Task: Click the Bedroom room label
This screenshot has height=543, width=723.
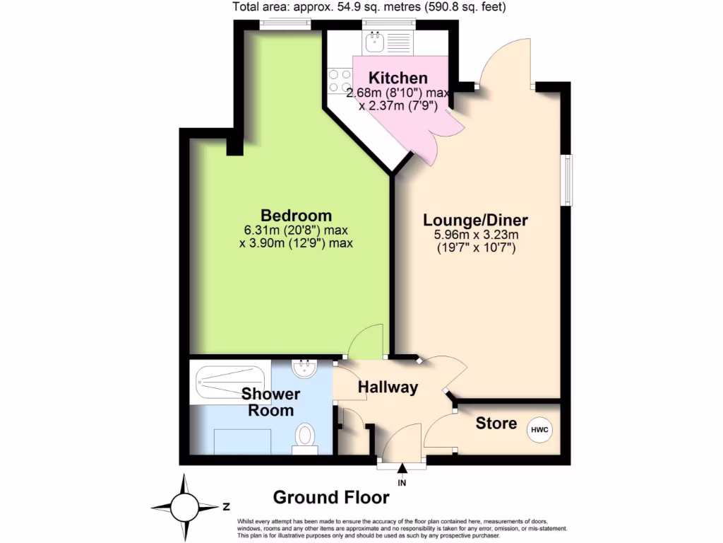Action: pyautogui.click(x=296, y=215)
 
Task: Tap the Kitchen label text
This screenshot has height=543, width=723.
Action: pyautogui.click(x=399, y=78)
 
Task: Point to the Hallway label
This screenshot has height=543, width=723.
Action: pyautogui.click(x=388, y=387)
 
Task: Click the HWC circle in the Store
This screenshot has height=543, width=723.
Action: pyautogui.click(x=539, y=429)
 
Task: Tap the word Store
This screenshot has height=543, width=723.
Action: pyautogui.click(x=496, y=424)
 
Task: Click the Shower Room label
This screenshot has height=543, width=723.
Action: pyautogui.click(x=270, y=402)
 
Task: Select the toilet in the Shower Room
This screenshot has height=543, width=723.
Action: pyautogui.click(x=305, y=438)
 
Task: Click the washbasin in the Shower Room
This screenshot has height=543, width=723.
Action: pyautogui.click(x=304, y=368)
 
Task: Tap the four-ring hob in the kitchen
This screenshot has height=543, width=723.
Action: pyautogui.click(x=340, y=81)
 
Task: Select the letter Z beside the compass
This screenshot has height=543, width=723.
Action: pyautogui.click(x=227, y=506)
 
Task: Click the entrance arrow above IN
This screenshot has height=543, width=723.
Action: pyautogui.click(x=402, y=467)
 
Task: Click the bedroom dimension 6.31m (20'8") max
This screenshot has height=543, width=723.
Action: pyautogui.click(x=296, y=230)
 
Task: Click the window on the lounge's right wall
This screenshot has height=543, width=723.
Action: pyautogui.click(x=566, y=180)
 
